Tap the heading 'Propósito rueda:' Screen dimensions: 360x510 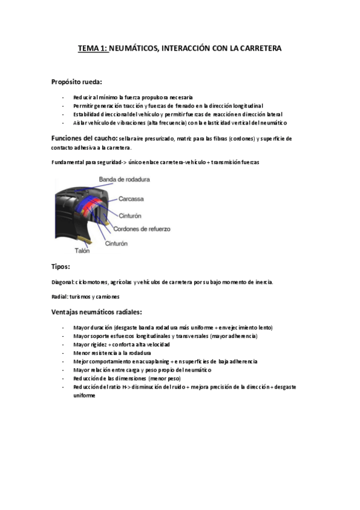[x=76, y=82]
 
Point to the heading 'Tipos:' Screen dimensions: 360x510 [x=61, y=266]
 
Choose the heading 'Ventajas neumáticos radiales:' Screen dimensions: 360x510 [x=97, y=312]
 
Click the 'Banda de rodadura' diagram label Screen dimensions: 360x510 [x=124, y=179]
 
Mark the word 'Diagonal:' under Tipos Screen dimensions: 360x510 [x=63, y=282]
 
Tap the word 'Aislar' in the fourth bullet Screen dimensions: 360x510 [x=80, y=123]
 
